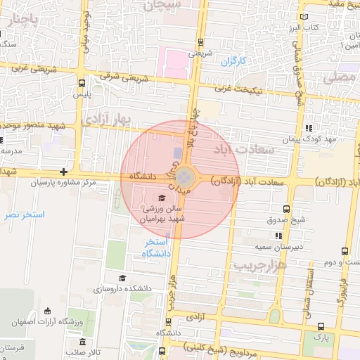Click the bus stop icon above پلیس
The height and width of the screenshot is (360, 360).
pos(82,82)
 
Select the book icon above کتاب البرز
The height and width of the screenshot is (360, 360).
pos(304,16)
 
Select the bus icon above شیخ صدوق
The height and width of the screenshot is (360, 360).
pos(285,209)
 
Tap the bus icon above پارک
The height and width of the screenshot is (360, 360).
pos(321,326)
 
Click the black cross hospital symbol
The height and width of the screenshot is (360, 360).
pos(64,172)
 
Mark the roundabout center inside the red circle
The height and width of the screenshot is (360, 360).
pos(184,176)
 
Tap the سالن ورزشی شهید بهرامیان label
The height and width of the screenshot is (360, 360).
pos(163,214)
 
